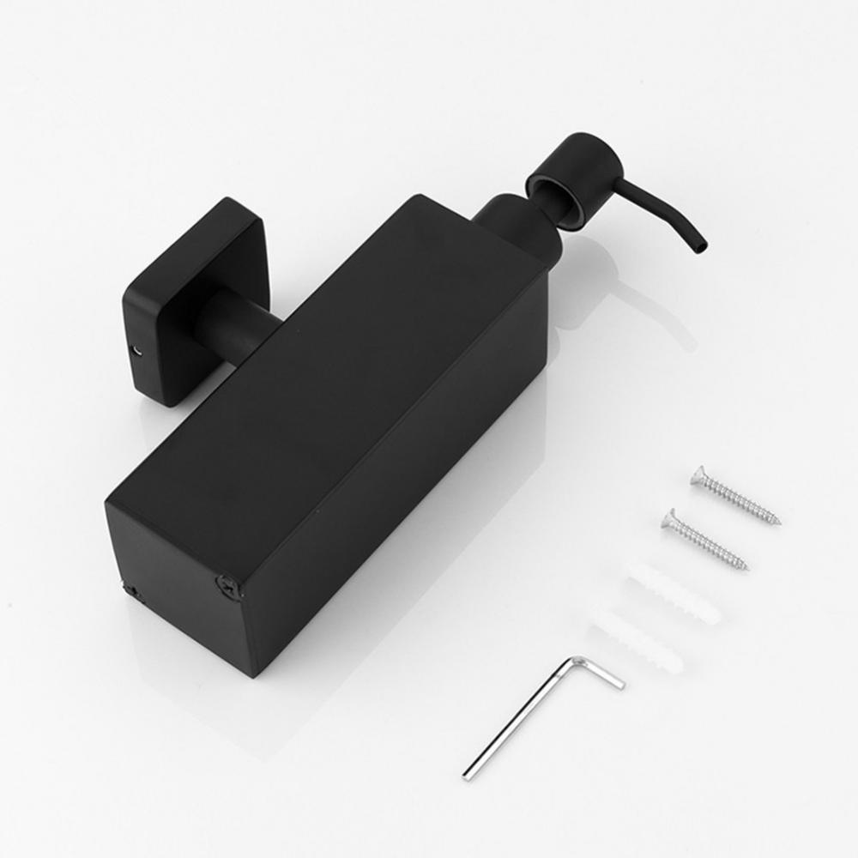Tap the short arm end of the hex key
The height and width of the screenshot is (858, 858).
617,684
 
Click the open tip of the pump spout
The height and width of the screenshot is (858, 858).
703,247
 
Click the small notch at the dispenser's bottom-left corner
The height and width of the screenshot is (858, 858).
130,589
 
